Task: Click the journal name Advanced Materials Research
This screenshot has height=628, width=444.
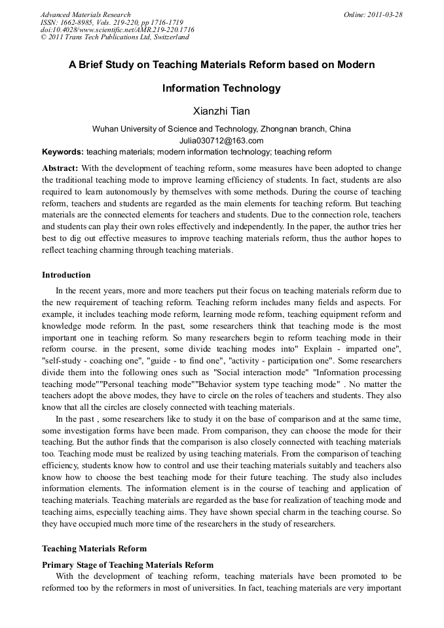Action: [x=85, y=14]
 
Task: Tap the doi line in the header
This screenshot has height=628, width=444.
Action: [x=117, y=29]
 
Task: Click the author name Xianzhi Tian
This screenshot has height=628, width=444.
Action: [x=221, y=111]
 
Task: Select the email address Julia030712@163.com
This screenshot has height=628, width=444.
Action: [x=221, y=140]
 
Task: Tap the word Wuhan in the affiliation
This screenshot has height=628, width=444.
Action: [x=105, y=129]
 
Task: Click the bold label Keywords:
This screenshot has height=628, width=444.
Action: [x=63, y=151]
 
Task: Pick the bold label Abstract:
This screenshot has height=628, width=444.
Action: [x=60, y=168]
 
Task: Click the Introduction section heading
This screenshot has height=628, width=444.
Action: [x=66, y=275]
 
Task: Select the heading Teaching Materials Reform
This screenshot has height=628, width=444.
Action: [x=94, y=549]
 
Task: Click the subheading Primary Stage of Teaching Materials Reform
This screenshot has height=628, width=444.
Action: [x=128, y=565]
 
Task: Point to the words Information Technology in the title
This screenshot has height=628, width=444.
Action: [x=221, y=88]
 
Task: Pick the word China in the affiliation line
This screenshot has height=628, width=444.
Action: [x=339, y=129]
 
